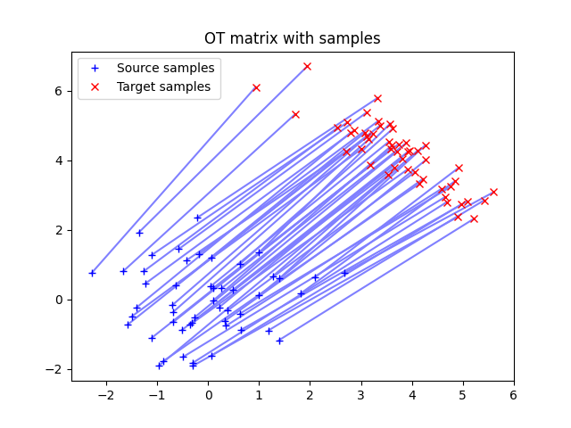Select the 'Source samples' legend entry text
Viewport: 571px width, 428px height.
click(165, 69)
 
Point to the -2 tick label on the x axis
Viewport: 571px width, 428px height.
click(106, 394)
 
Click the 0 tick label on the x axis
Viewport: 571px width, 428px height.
click(209, 394)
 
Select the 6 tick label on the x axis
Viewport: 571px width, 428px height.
click(514, 394)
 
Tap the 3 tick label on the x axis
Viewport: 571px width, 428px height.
click(361, 394)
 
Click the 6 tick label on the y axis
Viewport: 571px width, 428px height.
click(60, 91)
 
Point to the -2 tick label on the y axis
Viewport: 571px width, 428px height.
click(56, 369)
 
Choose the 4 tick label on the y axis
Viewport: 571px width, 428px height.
click(60, 160)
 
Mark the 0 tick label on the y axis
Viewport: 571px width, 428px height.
click(60, 300)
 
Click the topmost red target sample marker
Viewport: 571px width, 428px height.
click(307, 67)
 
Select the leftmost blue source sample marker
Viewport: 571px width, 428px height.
click(92, 273)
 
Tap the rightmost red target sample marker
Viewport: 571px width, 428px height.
click(493, 192)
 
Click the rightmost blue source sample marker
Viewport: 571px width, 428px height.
click(344, 273)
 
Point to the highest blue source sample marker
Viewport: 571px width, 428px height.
click(197, 218)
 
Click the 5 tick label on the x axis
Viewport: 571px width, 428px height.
click(463, 394)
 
